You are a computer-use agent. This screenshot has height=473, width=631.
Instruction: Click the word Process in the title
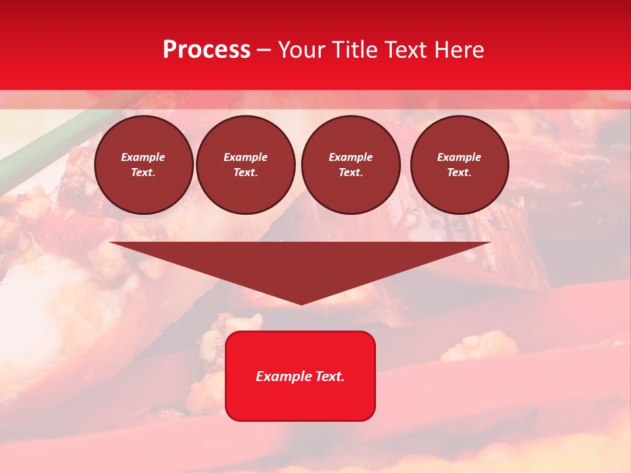click(x=206, y=50)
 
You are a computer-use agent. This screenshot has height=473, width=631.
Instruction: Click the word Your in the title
click(x=302, y=50)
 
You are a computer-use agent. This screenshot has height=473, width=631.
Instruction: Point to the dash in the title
click(x=264, y=51)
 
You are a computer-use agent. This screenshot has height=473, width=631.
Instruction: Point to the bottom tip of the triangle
click(x=301, y=303)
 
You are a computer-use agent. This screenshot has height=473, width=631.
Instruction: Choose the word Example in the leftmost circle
click(x=143, y=157)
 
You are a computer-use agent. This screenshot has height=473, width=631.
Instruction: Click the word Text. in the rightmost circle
click(x=459, y=172)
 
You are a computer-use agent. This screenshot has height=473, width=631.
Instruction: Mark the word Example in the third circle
click(x=350, y=157)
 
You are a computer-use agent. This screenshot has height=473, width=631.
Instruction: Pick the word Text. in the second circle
click(x=245, y=172)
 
